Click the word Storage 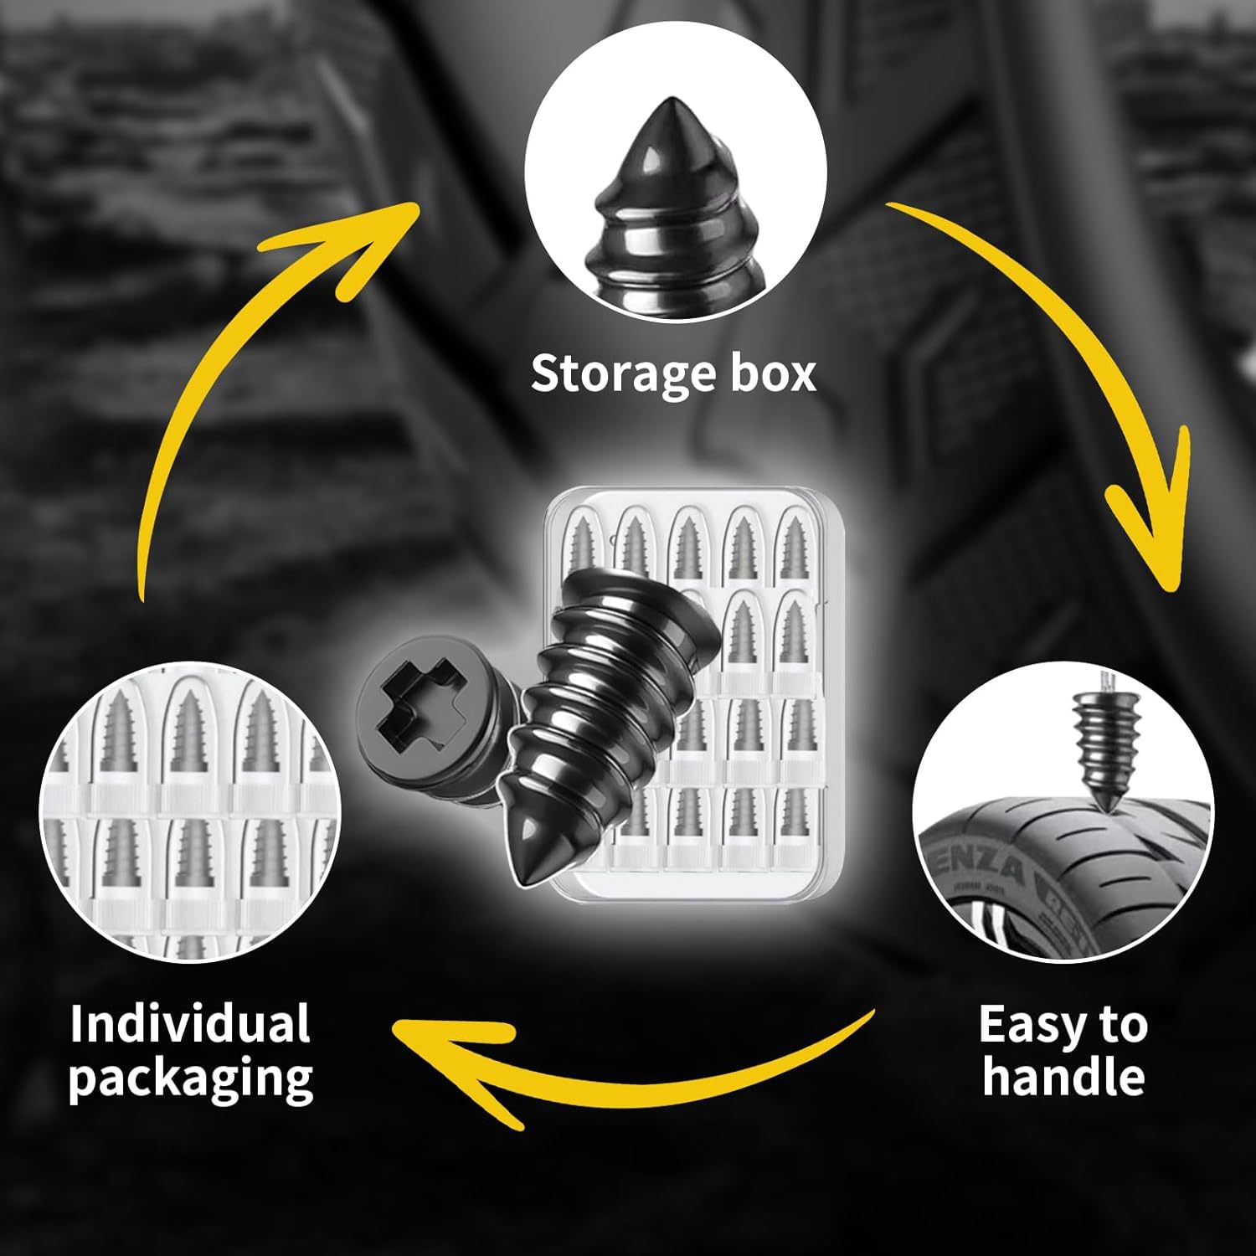coord(623,374)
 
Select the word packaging coord(191,1078)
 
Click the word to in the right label coord(1119,1025)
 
